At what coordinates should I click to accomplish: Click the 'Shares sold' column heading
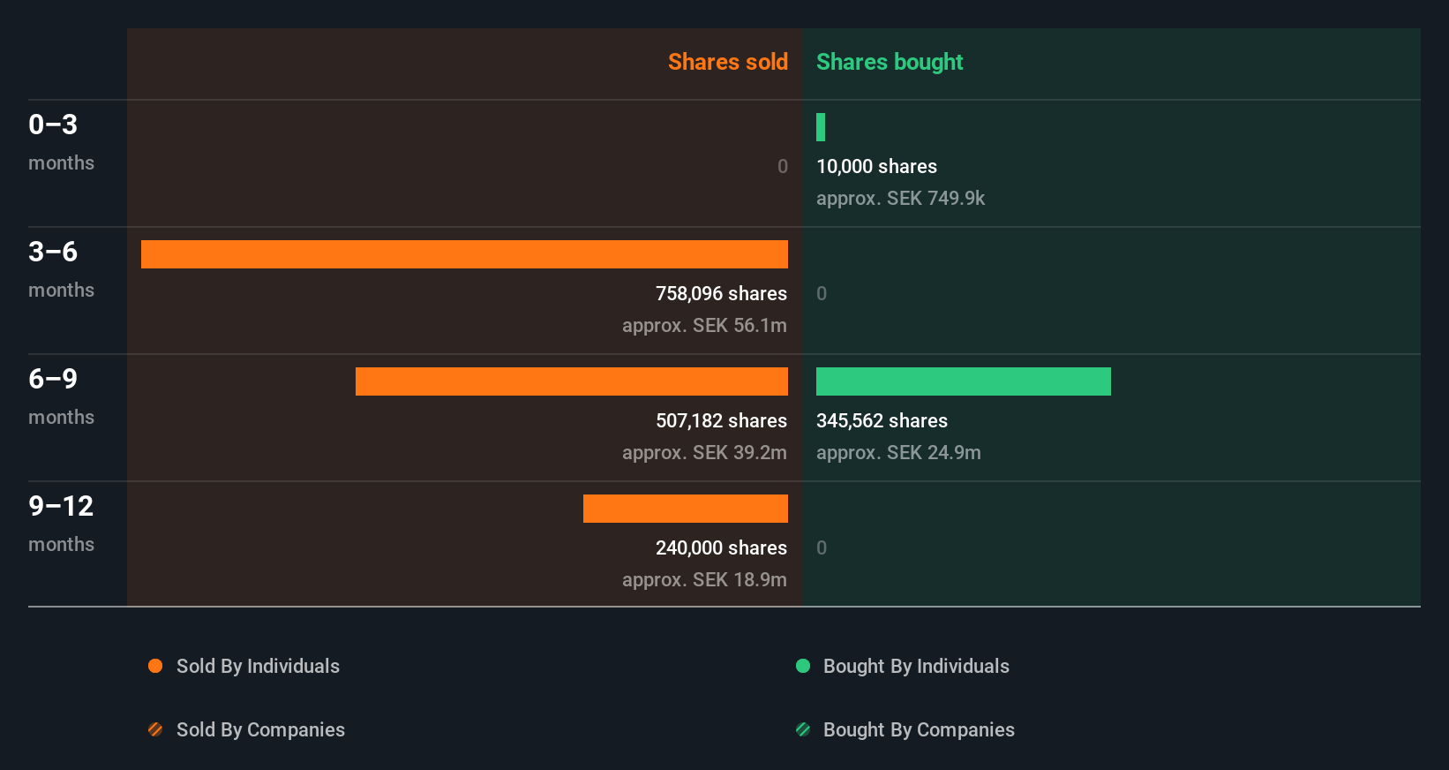point(727,62)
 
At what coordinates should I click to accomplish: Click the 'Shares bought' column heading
point(889,62)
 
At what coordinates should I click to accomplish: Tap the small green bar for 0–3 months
point(821,127)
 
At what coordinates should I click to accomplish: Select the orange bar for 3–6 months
point(464,254)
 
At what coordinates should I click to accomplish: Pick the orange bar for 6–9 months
point(572,381)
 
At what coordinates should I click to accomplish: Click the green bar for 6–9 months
point(963,381)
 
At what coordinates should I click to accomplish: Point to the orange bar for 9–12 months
point(686,509)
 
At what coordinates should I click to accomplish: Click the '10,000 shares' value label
point(876,166)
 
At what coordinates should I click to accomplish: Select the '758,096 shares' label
point(721,293)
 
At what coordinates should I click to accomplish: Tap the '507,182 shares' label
point(721,420)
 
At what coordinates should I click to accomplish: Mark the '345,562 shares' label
point(882,420)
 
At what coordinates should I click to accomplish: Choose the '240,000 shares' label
point(721,547)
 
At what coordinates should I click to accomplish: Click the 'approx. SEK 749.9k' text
point(900,198)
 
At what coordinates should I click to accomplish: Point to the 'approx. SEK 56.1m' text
point(704,325)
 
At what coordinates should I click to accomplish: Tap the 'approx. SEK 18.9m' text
point(704,579)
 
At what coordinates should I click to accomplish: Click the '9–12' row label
point(61,506)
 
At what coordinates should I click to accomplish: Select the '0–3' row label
point(53,125)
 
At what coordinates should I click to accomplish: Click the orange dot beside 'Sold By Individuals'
point(155,666)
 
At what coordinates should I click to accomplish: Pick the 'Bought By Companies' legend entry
point(918,729)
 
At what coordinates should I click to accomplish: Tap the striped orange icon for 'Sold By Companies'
point(155,729)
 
